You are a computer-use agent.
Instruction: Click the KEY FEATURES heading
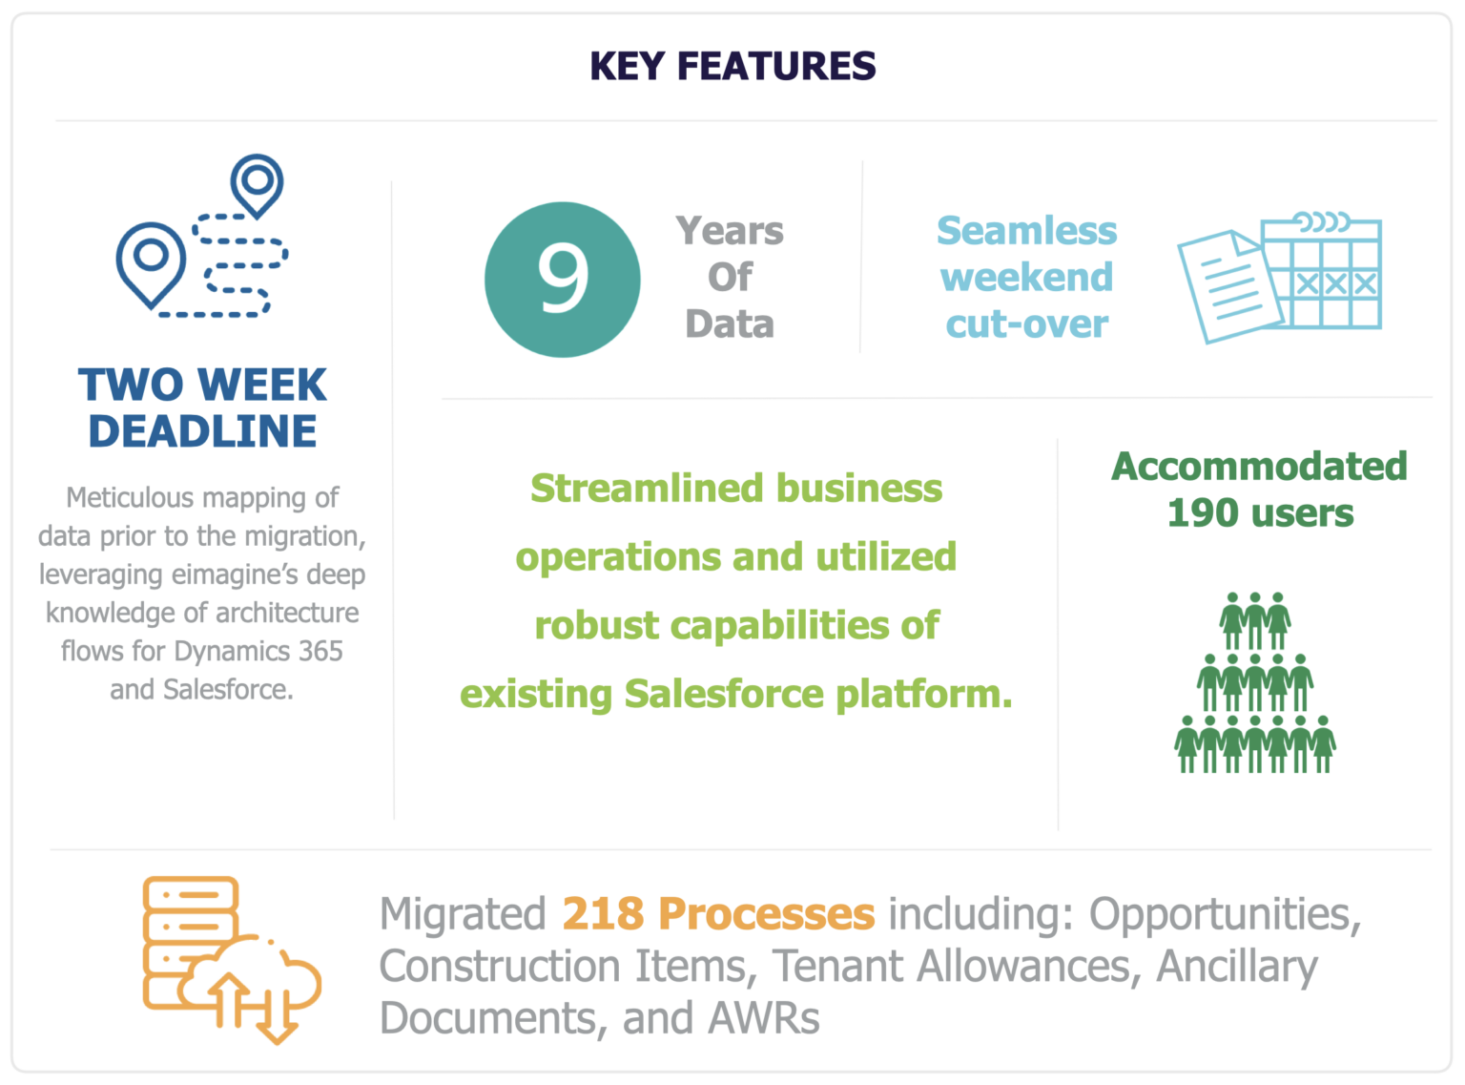(732, 66)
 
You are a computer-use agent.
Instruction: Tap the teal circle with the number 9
(562, 280)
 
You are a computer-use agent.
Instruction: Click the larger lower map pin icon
(152, 264)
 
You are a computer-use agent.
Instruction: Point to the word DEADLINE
(202, 430)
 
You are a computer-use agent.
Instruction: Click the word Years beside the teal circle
(730, 231)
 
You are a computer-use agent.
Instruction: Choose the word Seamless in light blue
(1026, 231)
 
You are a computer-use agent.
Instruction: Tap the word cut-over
(1026, 323)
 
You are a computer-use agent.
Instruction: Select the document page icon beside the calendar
(1230, 287)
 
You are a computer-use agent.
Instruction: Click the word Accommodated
(1259, 466)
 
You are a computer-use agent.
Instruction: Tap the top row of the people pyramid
(1255, 621)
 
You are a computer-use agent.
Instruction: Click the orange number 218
(603, 914)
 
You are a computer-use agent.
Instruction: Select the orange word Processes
(767, 914)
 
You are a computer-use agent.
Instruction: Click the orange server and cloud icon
(232, 960)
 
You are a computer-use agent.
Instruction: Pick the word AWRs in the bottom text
(764, 1018)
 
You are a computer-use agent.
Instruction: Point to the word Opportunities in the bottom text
(1226, 915)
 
